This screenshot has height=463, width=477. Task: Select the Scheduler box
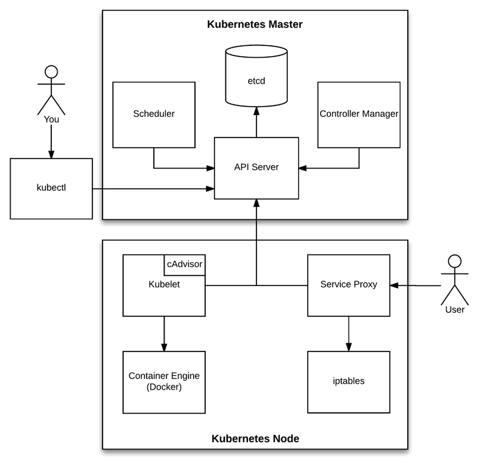click(x=154, y=114)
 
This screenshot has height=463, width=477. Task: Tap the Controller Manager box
click(x=358, y=114)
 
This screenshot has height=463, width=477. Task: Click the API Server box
click(x=256, y=167)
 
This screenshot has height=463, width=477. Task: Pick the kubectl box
click(x=51, y=188)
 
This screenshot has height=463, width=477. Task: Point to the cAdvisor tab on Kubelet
click(x=184, y=265)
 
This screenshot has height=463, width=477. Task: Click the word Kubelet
click(x=164, y=284)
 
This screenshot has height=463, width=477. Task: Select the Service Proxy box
click(x=349, y=285)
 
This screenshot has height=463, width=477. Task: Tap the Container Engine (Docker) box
click(x=164, y=381)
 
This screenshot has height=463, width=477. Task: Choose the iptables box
click(x=349, y=381)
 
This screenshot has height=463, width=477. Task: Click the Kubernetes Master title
click(x=255, y=24)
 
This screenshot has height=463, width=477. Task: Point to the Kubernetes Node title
click(x=255, y=439)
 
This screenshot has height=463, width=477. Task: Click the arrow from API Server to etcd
click(x=256, y=122)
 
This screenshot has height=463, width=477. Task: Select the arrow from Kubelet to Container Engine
click(x=164, y=334)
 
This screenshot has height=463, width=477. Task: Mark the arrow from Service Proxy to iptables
click(x=349, y=334)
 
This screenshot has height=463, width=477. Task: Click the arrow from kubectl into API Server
click(x=155, y=189)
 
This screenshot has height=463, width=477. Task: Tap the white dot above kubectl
click(x=51, y=72)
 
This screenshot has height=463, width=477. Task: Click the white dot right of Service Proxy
click(x=454, y=261)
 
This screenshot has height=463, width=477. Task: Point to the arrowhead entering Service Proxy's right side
click(x=394, y=285)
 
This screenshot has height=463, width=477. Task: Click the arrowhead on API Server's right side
click(x=303, y=168)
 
